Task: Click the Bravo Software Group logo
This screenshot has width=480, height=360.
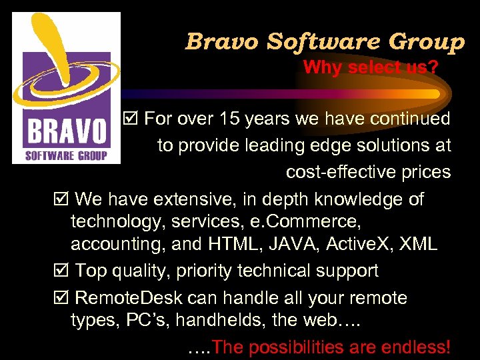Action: (67, 87)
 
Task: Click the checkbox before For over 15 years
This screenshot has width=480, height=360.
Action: (131, 119)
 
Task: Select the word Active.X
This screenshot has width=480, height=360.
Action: (359, 244)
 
